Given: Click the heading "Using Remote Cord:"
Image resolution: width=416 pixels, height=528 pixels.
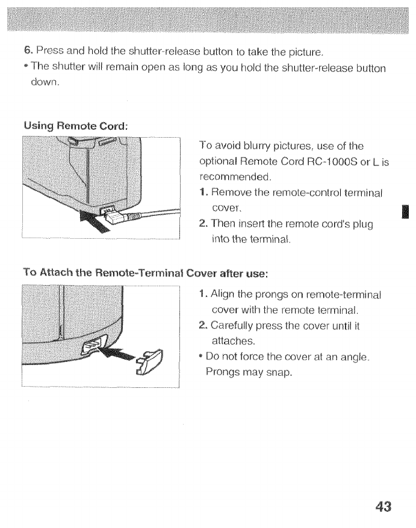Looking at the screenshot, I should point(76,126).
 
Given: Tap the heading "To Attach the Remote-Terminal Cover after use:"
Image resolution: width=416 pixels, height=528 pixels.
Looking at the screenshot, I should point(144,272).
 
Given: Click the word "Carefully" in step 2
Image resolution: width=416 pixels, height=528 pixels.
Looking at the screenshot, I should point(235,325).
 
